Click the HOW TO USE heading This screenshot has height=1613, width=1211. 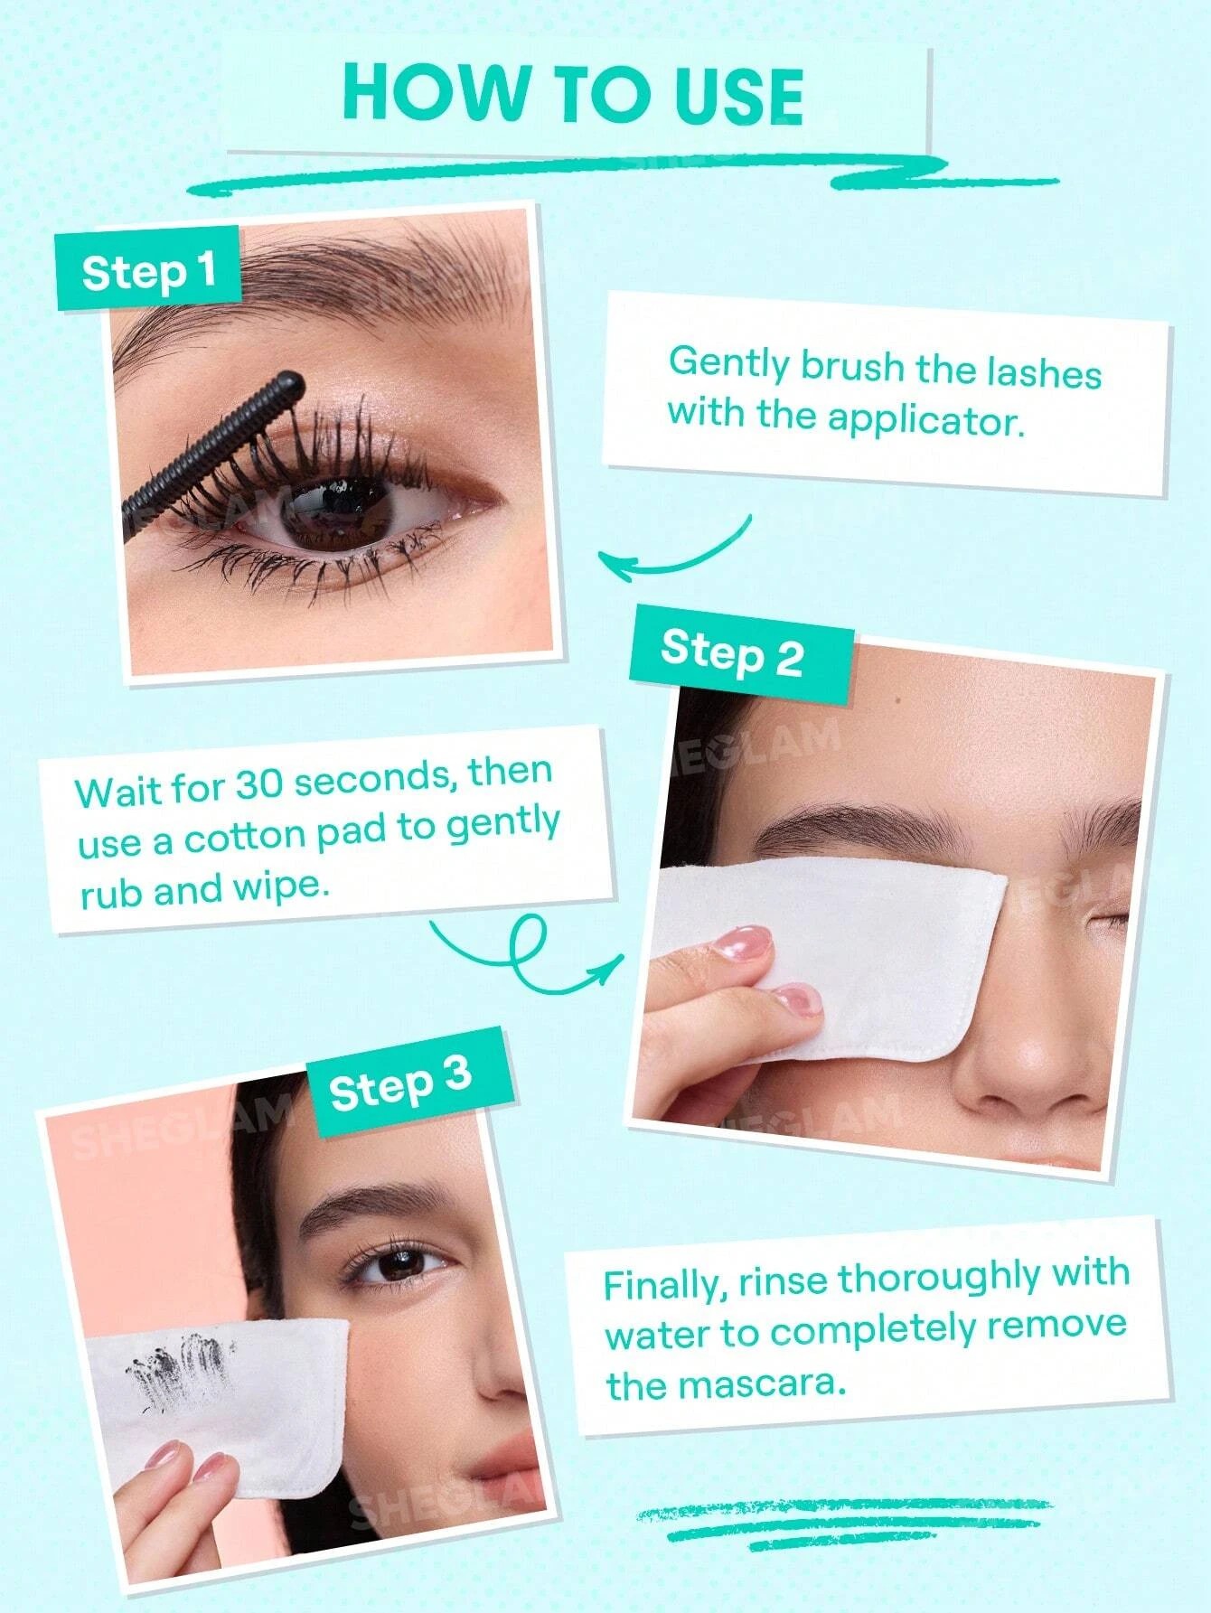573,94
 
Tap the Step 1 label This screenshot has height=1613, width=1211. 149,270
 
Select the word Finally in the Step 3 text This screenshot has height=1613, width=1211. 663,1285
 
